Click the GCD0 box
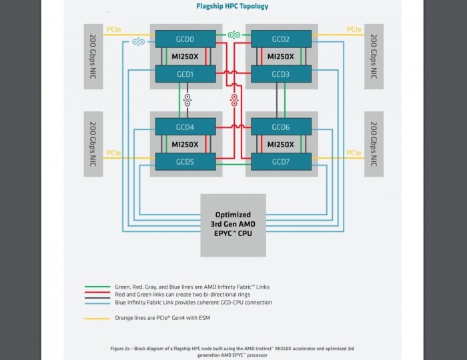pos(185,39)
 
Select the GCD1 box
pos(185,74)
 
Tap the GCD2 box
pos(281,39)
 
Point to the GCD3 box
pos(281,74)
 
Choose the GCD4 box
pos(185,127)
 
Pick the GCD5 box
pos(185,161)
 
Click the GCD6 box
pos(281,127)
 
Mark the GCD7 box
pos(281,161)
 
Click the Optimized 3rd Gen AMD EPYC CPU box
pos(233,225)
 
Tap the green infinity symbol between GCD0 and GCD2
pos(233,35)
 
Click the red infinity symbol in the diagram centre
pos(234,101)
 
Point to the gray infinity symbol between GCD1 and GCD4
pos(187,101)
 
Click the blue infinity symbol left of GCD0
pos(139,42)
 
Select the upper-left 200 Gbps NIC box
pos(93,56)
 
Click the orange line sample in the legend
pos(97,318)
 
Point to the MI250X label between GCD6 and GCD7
pos(281,144)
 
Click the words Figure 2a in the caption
pos(121,349)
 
